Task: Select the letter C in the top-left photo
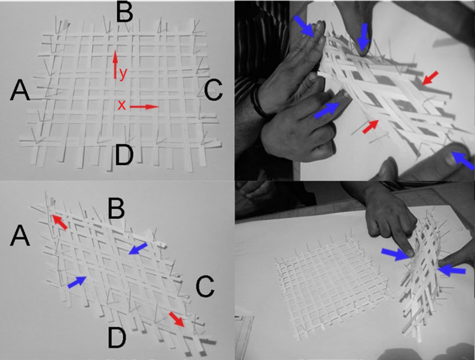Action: click(x=213, y=90)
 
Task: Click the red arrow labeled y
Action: click(x=115, y=65)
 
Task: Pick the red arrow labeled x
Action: click(x=144, y=107)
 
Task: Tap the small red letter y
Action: click(x=122, y=74)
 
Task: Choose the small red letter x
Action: click(x=121, y=105)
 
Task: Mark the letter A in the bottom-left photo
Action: click(x=20, y=237)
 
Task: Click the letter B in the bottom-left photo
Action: click(x=117, y=209)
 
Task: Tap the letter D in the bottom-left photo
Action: click(x=117, y=338)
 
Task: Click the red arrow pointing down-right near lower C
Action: click(x=177, y=319)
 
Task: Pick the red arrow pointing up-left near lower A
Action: click(x=60, y=222)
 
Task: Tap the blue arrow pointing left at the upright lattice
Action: click(x=452, y=270)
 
